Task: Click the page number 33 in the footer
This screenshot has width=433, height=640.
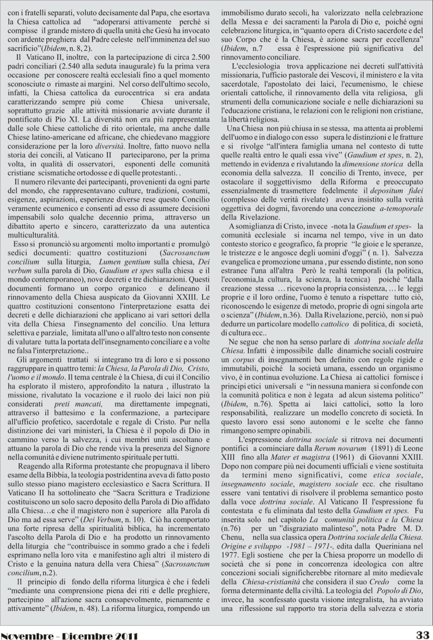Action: point(422,634)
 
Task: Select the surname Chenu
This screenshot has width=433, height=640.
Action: point(233,537)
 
